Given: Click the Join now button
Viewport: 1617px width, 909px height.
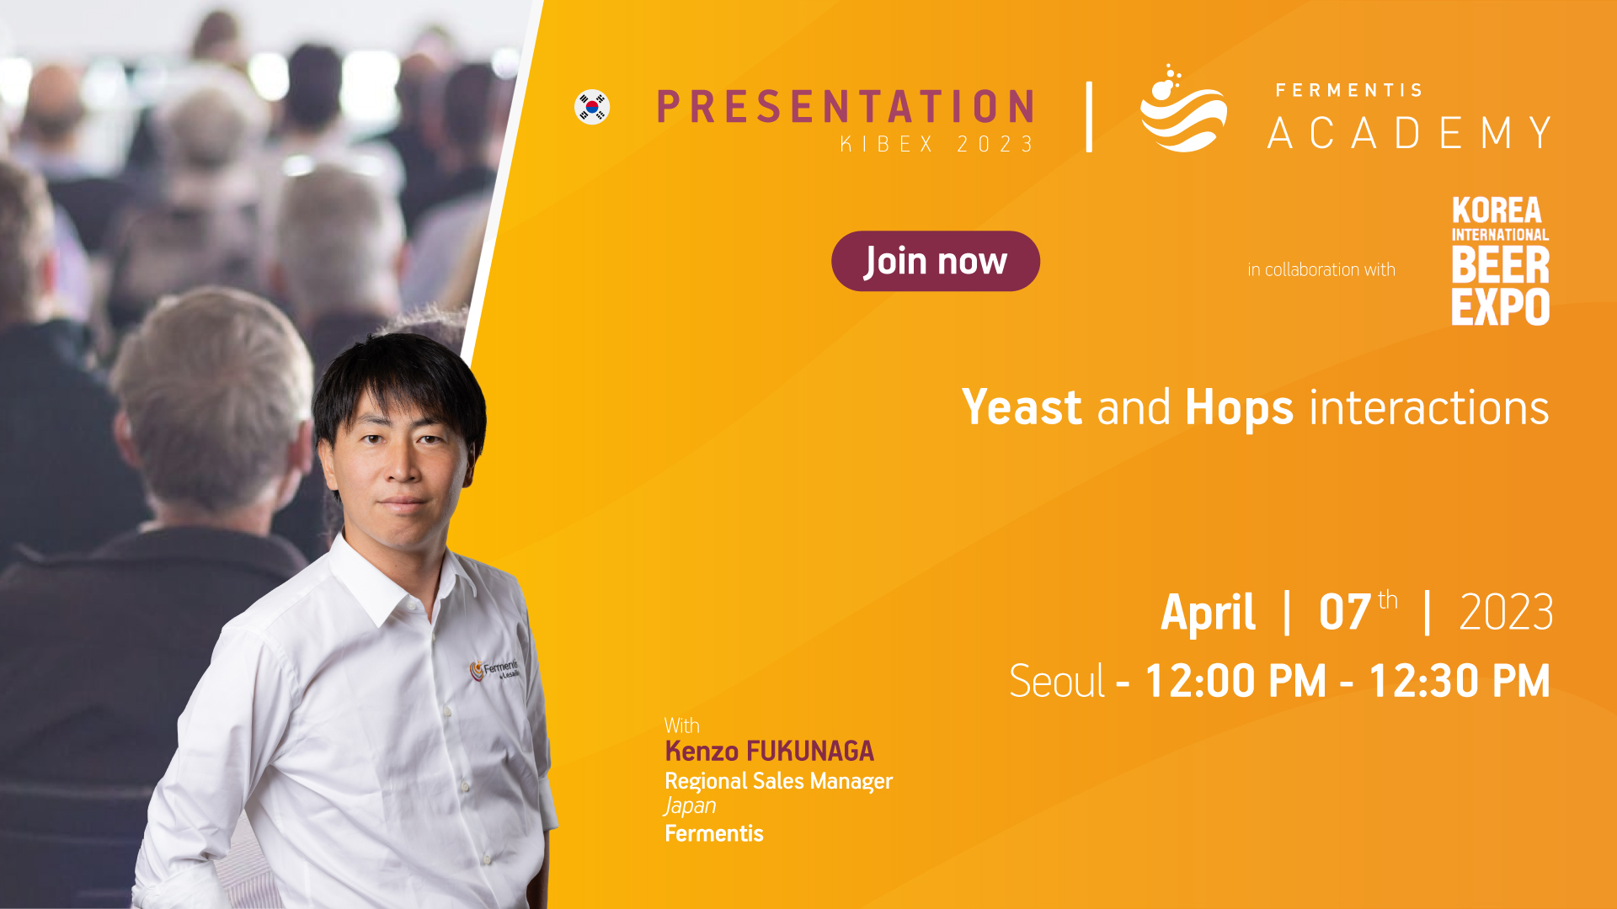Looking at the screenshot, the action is [x=936, y=261].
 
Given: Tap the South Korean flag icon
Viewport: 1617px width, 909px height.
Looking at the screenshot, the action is [x=592, y=107].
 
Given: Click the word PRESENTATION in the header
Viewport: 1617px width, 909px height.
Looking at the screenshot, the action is [x=846, y=107].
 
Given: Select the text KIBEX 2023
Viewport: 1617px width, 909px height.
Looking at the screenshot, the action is [x=937, y=145].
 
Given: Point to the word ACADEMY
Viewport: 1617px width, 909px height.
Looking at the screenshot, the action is [x=1410, y=133].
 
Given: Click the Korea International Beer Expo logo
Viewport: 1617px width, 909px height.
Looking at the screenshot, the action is [x=1500, y=261].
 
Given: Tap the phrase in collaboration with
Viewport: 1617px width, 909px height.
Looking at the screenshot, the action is [x=1321, y=269].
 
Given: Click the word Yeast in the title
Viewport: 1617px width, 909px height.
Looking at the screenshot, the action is [x=1022, y=407].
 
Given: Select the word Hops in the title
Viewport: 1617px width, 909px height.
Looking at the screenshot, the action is [x=1239, y=409].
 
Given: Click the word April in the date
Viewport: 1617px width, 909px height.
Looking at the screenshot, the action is [x=1209, y=612].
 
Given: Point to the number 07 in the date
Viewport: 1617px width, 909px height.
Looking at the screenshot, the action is [x=1345, y=612].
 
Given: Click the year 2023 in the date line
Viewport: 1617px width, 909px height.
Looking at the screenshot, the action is [x=1506, y=612].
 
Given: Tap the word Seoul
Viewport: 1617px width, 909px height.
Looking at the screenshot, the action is [x=1057, y=681].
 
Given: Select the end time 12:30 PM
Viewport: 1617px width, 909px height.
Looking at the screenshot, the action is [x=1460, y=681].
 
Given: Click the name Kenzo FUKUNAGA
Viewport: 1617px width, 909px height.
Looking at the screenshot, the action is [x=770, y=751].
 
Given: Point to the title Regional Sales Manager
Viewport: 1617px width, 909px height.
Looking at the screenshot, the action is [x=779, y=781].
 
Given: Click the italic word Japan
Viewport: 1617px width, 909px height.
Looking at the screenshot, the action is [x=691, y=806].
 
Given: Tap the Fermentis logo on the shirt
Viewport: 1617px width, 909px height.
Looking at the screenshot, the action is [x=495, y=669].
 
